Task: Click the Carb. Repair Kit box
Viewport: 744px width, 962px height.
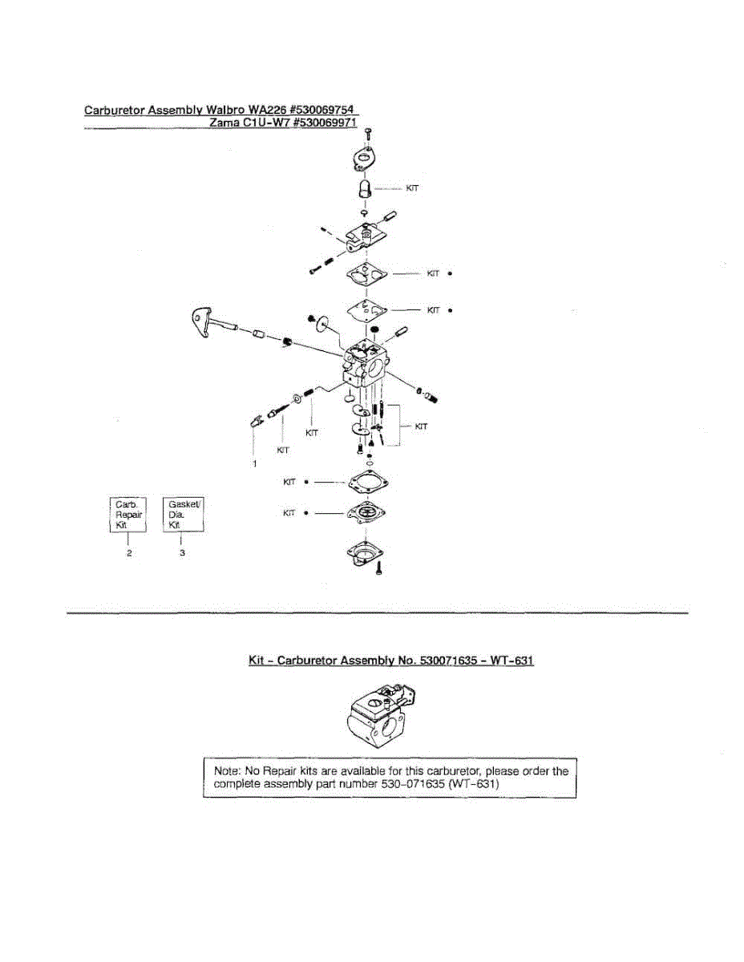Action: [128, 514]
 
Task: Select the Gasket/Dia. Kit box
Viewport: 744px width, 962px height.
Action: [183, 514]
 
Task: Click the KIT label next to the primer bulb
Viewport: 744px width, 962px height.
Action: [413, 188]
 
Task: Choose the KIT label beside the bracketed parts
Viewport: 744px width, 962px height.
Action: [421, 426]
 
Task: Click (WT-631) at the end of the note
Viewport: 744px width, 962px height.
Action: [474, 785]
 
